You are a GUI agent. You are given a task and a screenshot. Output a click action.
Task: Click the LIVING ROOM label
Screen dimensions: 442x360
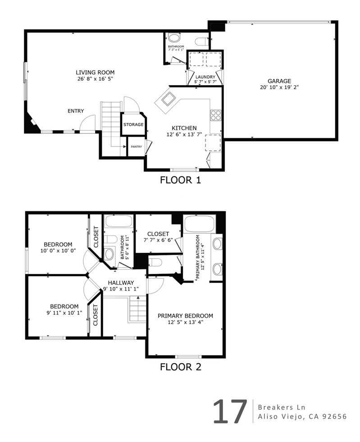(x=95, y=72)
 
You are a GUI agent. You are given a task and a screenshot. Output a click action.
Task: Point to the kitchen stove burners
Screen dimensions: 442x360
(x=216, y=115)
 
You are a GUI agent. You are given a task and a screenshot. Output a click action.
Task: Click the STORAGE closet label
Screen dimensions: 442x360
(x=133, y=124)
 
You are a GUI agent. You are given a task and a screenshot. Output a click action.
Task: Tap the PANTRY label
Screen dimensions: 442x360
(x=136, y=146)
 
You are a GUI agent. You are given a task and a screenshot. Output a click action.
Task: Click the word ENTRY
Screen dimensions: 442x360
(x=75, y=111)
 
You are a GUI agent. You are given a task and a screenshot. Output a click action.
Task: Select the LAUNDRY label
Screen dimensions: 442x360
(x=205, y=77)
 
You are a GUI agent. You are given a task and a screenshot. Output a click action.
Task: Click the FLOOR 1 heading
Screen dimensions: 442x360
(x=180, y=181)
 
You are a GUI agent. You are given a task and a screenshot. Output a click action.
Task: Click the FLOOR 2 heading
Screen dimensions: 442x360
(x=180, y=367)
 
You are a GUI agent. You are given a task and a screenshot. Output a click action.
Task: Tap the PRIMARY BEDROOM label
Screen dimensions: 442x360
(x=185, y=316)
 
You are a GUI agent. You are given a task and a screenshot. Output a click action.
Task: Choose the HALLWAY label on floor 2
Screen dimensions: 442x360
(x=120, y=283)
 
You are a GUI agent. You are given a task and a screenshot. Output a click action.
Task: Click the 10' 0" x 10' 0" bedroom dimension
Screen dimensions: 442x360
(x=58, y=251)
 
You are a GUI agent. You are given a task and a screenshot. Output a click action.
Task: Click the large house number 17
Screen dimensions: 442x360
(x=230, y=411)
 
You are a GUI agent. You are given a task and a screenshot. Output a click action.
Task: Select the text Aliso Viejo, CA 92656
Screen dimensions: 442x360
(x=302, y=417)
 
